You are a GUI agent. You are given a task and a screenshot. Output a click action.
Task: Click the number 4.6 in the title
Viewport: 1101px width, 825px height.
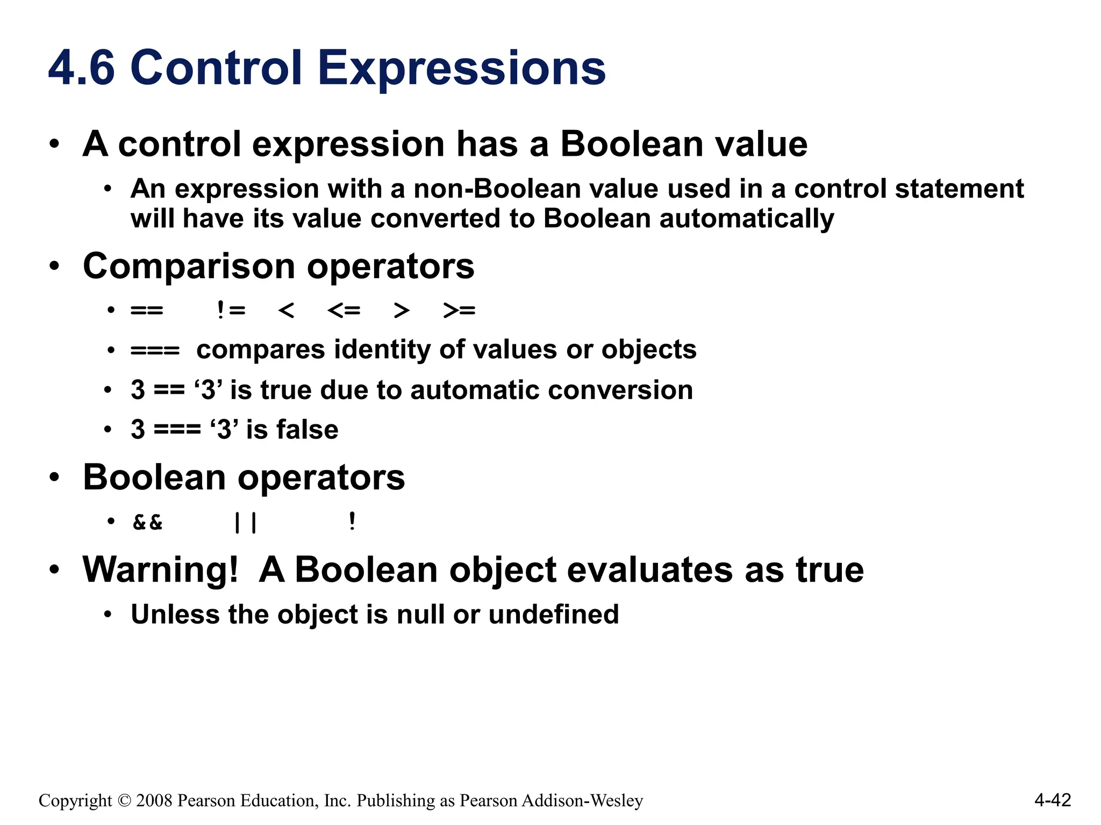pyautogui.click(x=81, y=68)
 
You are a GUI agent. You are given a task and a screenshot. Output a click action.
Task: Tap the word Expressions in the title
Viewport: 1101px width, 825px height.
pyautogui.click(x=461, y=68)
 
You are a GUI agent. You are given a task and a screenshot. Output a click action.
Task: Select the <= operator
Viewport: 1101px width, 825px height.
pyautogui.click(x=344, y=310)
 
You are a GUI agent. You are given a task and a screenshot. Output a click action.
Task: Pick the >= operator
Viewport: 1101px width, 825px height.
pyautogui.click(x=459, y=310)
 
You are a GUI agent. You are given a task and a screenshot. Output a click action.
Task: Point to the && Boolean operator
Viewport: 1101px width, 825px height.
pyautogui.click(x=148, y=522)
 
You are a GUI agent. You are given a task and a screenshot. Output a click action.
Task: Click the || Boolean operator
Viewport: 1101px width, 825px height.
pyautogui.click(x=246, y=522)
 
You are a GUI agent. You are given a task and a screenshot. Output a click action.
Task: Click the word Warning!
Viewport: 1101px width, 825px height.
pyautogui.click(x=160, y=570)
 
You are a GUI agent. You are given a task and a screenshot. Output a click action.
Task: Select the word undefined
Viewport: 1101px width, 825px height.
pyautogui.click(x=554, y=614)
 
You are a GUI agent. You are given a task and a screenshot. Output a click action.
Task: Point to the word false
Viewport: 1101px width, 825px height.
pyautogui.click(x=308, y=430)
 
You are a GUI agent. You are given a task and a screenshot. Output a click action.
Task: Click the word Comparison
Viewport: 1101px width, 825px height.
pyautogui.click(x=189, y=266)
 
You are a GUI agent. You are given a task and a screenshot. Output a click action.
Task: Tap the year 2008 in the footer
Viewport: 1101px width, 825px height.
pyautogui.click(x=154, y=801)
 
